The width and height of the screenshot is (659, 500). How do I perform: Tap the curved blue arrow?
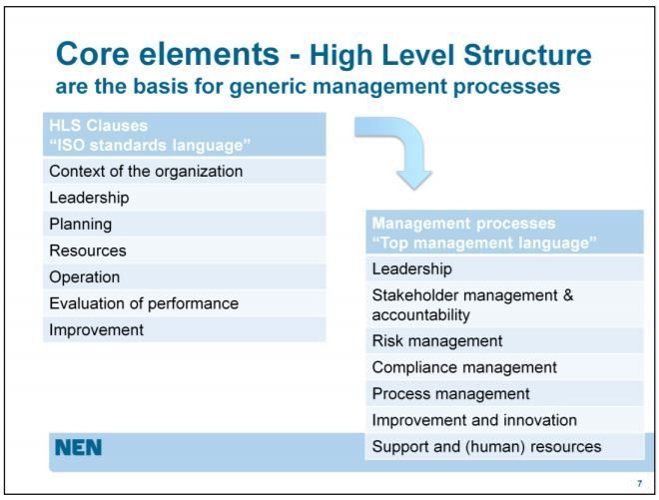(396, 150)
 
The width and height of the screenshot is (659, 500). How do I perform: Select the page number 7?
(639, 483)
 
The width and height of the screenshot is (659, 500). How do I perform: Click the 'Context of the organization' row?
(146, 171)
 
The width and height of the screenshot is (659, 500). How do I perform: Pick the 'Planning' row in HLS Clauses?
(81, 224)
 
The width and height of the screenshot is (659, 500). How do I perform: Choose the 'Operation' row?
(85, 276)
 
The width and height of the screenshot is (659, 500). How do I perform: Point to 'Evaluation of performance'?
(144, 303)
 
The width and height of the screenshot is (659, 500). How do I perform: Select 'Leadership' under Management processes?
(412, 268)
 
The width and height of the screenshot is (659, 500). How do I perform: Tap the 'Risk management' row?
(436, 340)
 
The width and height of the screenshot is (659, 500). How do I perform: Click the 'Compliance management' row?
(464, 367)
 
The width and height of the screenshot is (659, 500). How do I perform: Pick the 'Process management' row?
(450, 393)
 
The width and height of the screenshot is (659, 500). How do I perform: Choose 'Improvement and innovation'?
(474, 420)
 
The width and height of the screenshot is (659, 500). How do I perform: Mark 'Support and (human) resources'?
(486, 446)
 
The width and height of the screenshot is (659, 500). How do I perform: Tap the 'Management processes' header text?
(463, 223)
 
